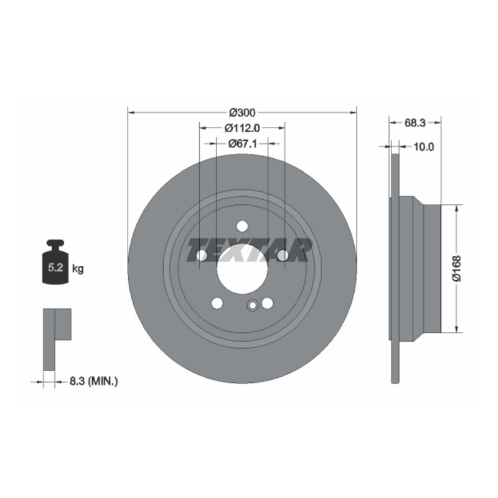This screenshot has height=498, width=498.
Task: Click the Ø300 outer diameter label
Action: coord(242,113)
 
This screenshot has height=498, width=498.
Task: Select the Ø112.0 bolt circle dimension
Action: coord(242,128)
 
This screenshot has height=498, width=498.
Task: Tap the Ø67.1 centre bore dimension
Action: coord(242,144)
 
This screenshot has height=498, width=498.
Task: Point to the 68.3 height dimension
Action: coord(415,123)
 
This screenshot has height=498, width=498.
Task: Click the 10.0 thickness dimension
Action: coord(423,147)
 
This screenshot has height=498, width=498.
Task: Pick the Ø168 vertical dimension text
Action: coord(457,268)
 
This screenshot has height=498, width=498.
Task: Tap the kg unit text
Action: coord(78,269)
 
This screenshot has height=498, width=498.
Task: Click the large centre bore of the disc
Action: coord(242,269)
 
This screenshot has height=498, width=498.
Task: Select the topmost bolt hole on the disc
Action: coord(242,226)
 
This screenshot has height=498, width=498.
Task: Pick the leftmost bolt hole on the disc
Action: coord(201,255)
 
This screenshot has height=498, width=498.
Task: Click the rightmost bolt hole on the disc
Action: coord(283,255)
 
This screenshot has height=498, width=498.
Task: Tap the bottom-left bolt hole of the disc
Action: coord(217,303)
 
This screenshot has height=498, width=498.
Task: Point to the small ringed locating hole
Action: coord(253,305)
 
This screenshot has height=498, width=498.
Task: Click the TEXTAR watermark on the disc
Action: coord(249,250)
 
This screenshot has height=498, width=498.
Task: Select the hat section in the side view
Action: coord(420,269)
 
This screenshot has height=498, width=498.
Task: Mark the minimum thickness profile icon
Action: coord(56,336)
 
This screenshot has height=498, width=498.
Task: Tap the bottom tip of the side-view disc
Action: coord(394,381)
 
